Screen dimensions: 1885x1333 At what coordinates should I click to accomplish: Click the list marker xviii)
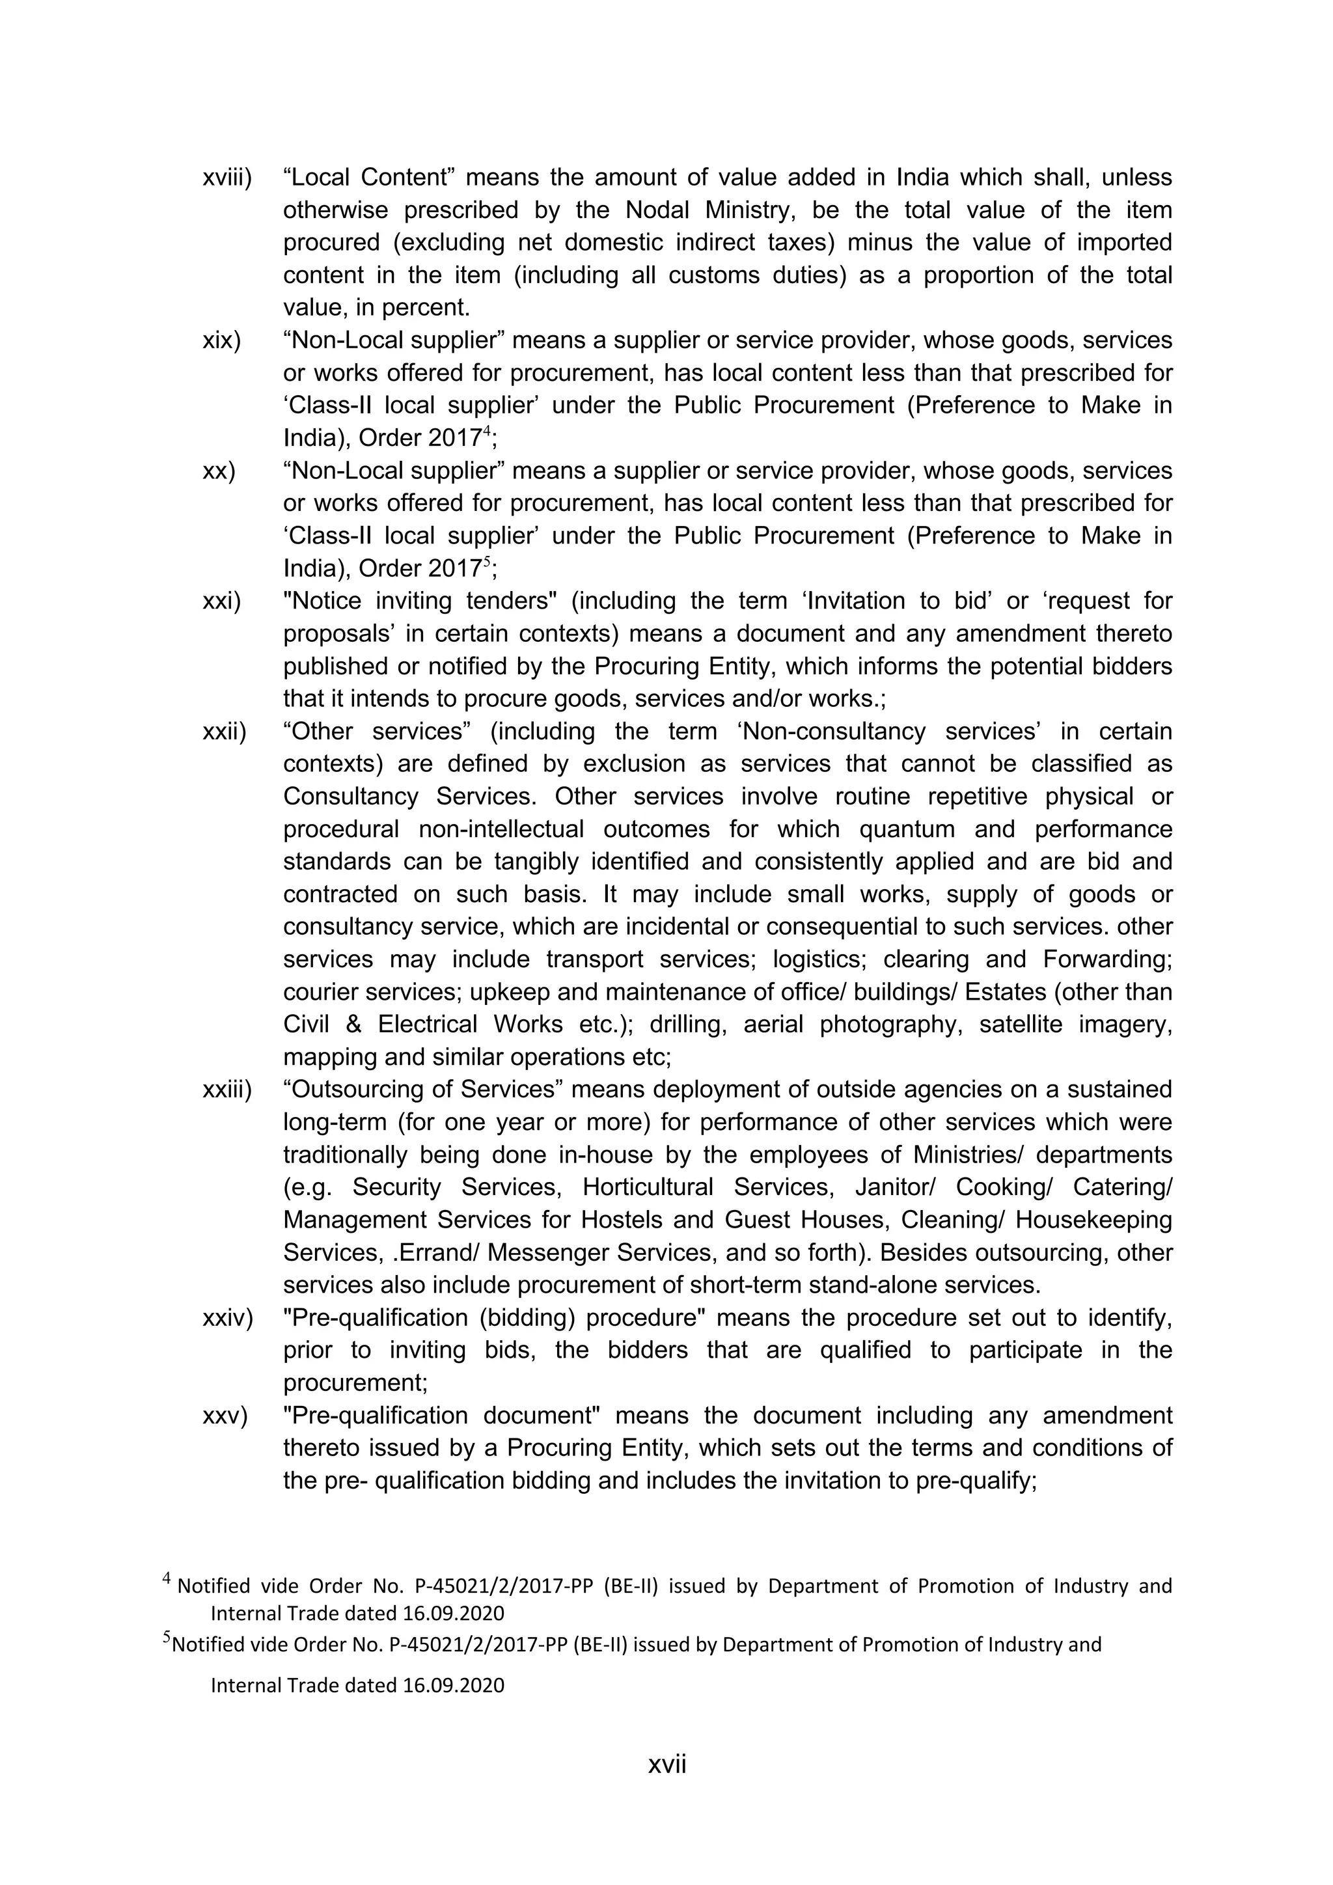point(227,177)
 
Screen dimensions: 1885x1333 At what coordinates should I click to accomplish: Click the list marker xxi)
point(221,601)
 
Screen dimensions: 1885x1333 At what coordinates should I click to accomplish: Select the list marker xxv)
point(224,1416)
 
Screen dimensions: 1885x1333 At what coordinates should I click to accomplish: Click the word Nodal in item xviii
point(661,210)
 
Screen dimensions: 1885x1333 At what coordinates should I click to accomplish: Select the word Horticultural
point(648,1187)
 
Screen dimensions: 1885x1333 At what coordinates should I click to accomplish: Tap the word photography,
point(890,1025)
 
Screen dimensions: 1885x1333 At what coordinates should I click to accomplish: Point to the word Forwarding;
point(1107,959)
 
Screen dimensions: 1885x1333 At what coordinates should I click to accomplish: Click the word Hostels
point(620,1220)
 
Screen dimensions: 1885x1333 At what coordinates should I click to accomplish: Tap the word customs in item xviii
point(714,275)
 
